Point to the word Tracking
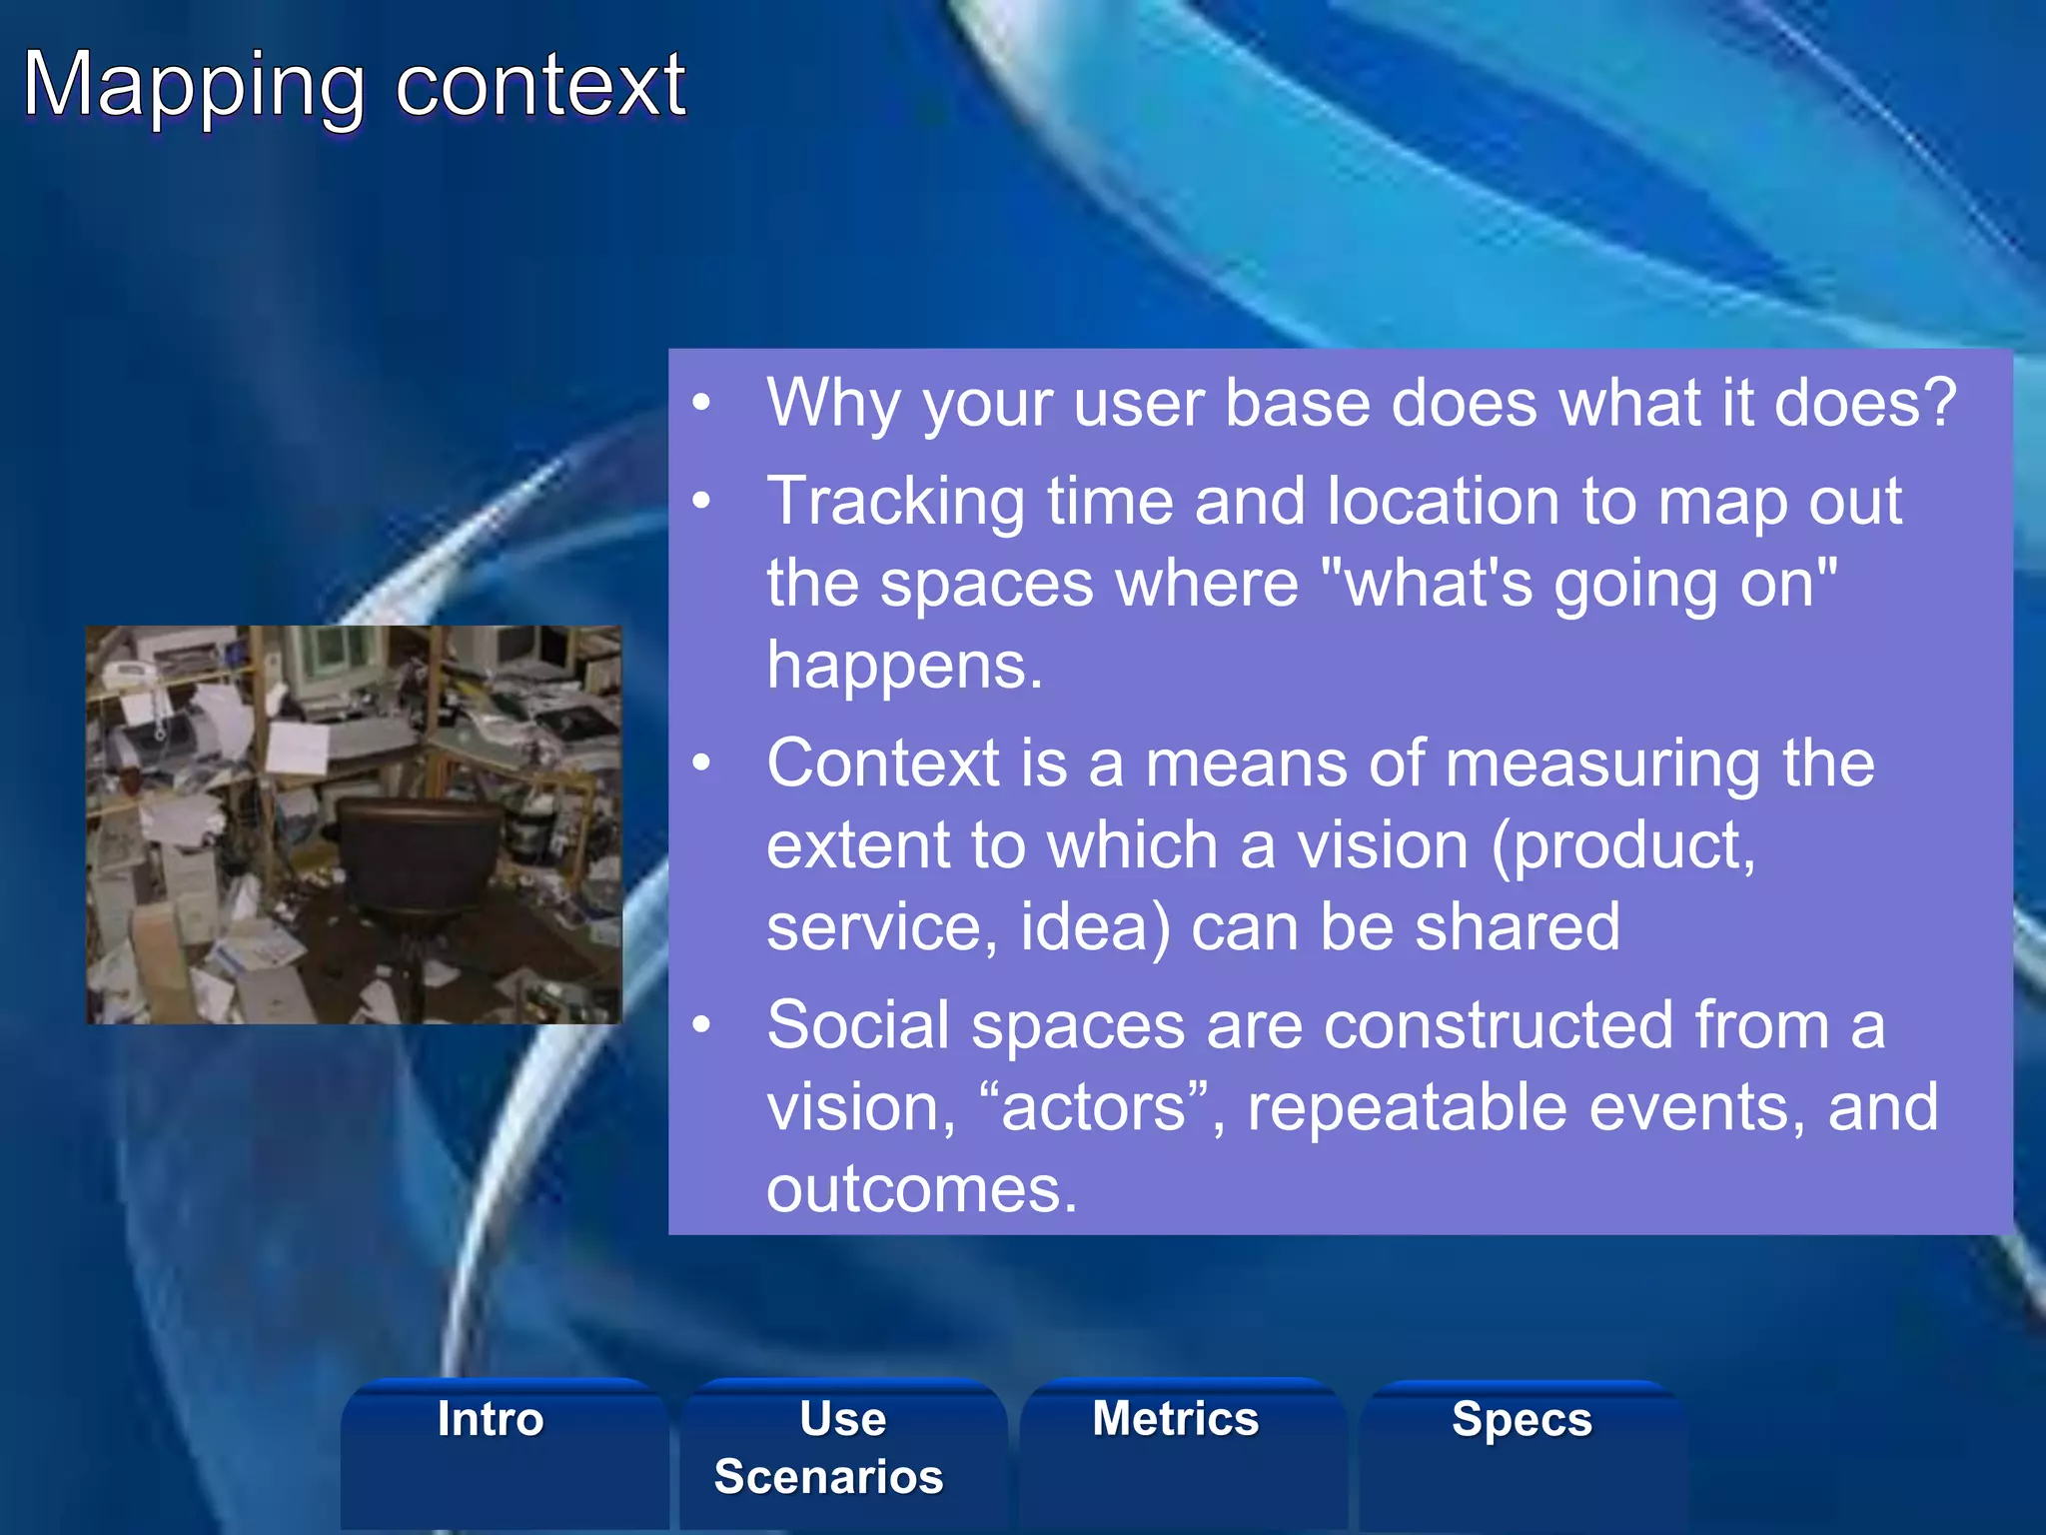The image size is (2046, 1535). coord(895,502)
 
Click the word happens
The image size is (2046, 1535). coord(904,666)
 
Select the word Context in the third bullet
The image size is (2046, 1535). coord(883,764)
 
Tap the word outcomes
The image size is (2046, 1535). coord(921,1189)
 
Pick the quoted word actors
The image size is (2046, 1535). coord(1093,1107)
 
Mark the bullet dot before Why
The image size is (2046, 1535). coord(702,404)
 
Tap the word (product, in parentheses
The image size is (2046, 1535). coord(1622,847)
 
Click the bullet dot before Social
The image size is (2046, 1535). coord(702,1026)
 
